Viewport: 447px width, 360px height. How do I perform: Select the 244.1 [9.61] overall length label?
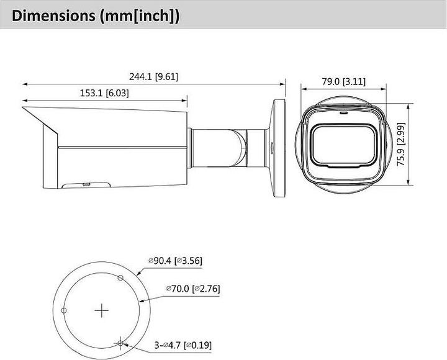153,77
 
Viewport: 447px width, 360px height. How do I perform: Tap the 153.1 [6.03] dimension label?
104,93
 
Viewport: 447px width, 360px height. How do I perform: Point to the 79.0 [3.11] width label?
340,81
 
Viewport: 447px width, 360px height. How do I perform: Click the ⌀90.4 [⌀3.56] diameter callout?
175,260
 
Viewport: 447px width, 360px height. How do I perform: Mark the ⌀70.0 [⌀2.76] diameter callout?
192,289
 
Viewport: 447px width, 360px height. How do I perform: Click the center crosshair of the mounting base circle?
102,309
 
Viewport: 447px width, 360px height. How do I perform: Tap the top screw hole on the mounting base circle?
120,276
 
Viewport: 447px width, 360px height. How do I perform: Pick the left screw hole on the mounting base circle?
63,309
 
